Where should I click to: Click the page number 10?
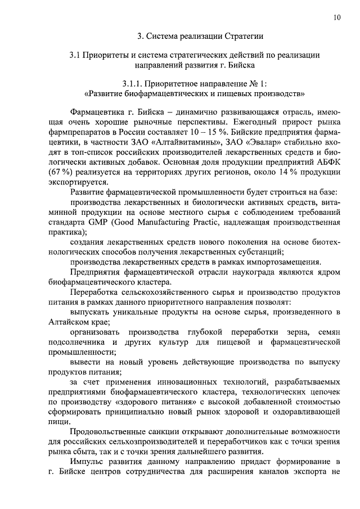pos(336,17)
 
